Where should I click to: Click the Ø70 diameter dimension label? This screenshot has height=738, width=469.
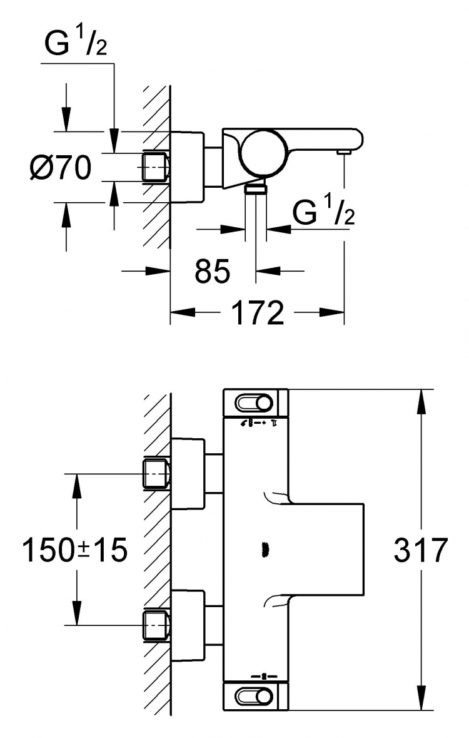click(x=60, y=168)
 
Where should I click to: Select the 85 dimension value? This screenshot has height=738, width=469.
click(x=212, y=270)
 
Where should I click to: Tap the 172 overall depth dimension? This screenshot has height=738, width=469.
click(x=259, y=312)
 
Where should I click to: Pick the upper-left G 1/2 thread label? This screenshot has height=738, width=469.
click(x=76, y=43)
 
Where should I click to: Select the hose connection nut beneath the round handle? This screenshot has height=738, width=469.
click(x=256, y=189)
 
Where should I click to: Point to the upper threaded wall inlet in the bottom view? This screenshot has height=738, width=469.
click(x=155, y=474)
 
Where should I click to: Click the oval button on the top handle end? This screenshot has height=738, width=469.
click(x=254, y=403)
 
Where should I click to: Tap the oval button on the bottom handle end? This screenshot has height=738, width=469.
click(x=254, y=695)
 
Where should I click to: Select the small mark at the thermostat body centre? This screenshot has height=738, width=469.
click(x=263, y=549)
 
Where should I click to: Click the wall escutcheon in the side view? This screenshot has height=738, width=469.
click(x=187, y=167)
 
